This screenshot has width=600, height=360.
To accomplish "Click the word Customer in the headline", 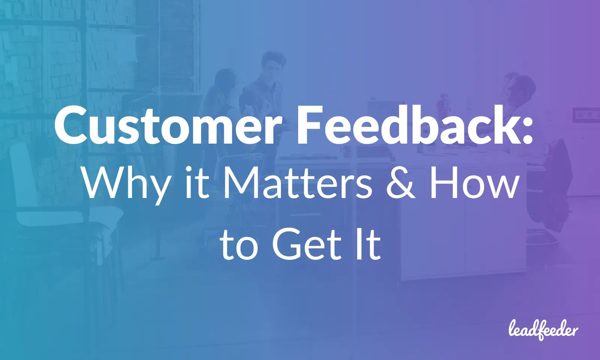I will point(167,126).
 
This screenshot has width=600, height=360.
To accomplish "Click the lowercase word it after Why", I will point(197,184).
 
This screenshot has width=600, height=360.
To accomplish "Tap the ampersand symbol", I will point(401,184).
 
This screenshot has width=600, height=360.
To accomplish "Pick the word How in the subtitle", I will point(474,184).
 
